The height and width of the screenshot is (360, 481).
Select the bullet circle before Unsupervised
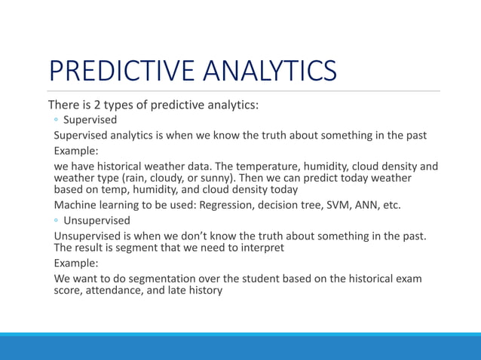[57, 221]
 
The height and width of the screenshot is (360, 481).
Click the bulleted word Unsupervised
[97, 221]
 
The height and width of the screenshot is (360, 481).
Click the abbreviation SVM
[339, 205]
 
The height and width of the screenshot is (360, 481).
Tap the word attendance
[115, 291]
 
